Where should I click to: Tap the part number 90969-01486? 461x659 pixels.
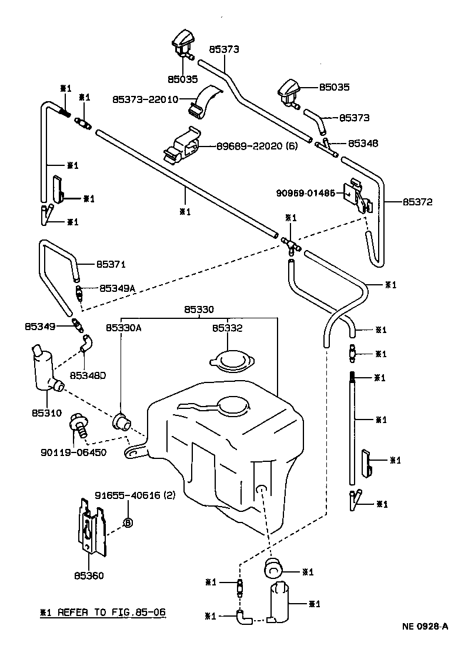pos(310,192)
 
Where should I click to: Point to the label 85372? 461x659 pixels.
pos(417,202)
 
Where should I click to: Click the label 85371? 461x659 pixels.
pos(111,265)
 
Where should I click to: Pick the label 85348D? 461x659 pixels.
pos(87,375)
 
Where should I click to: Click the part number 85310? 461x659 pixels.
pos(46,413)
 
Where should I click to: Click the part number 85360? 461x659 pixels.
pos(89,575)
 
